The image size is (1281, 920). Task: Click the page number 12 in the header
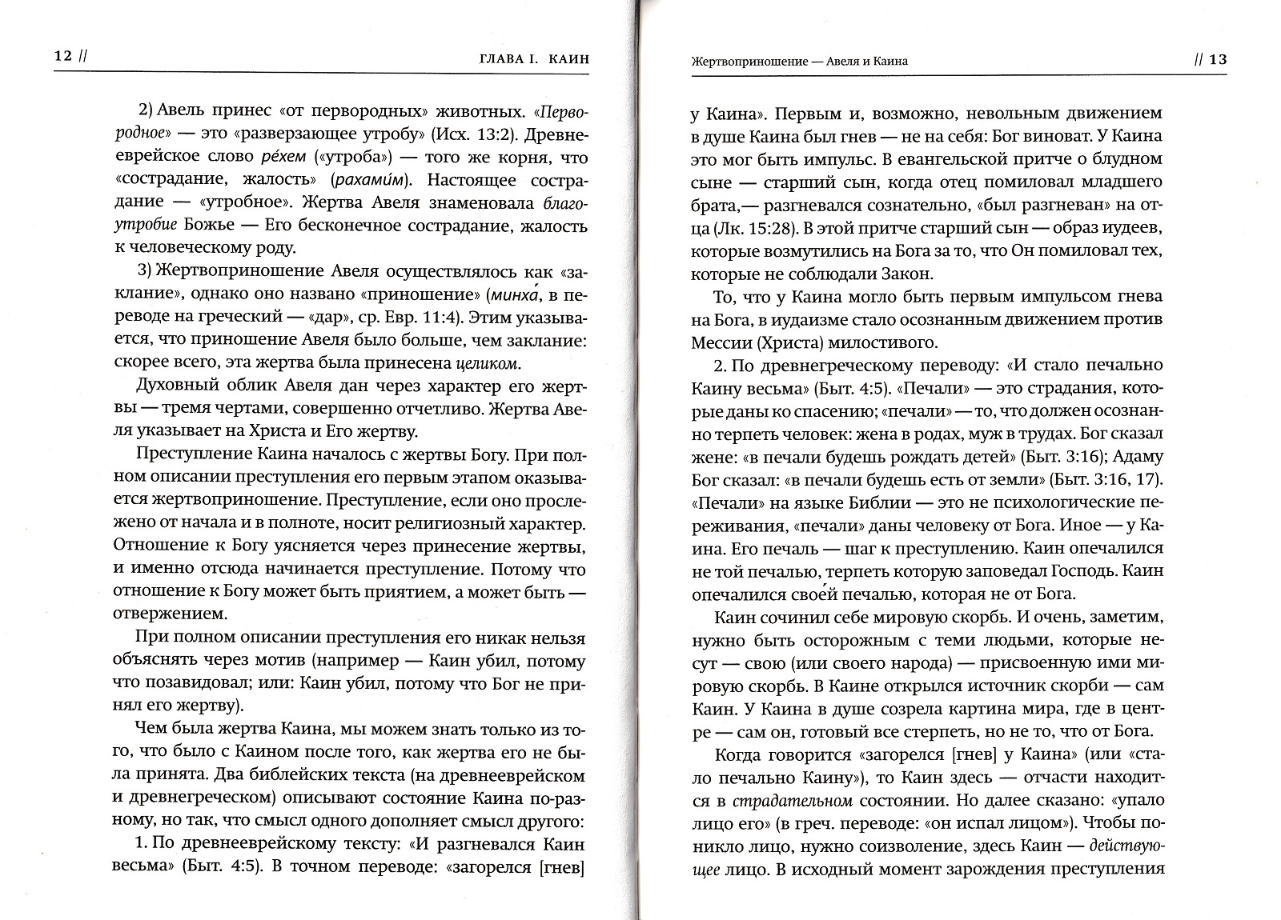pos(63,57)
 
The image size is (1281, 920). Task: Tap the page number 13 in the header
pos(1217,60)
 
